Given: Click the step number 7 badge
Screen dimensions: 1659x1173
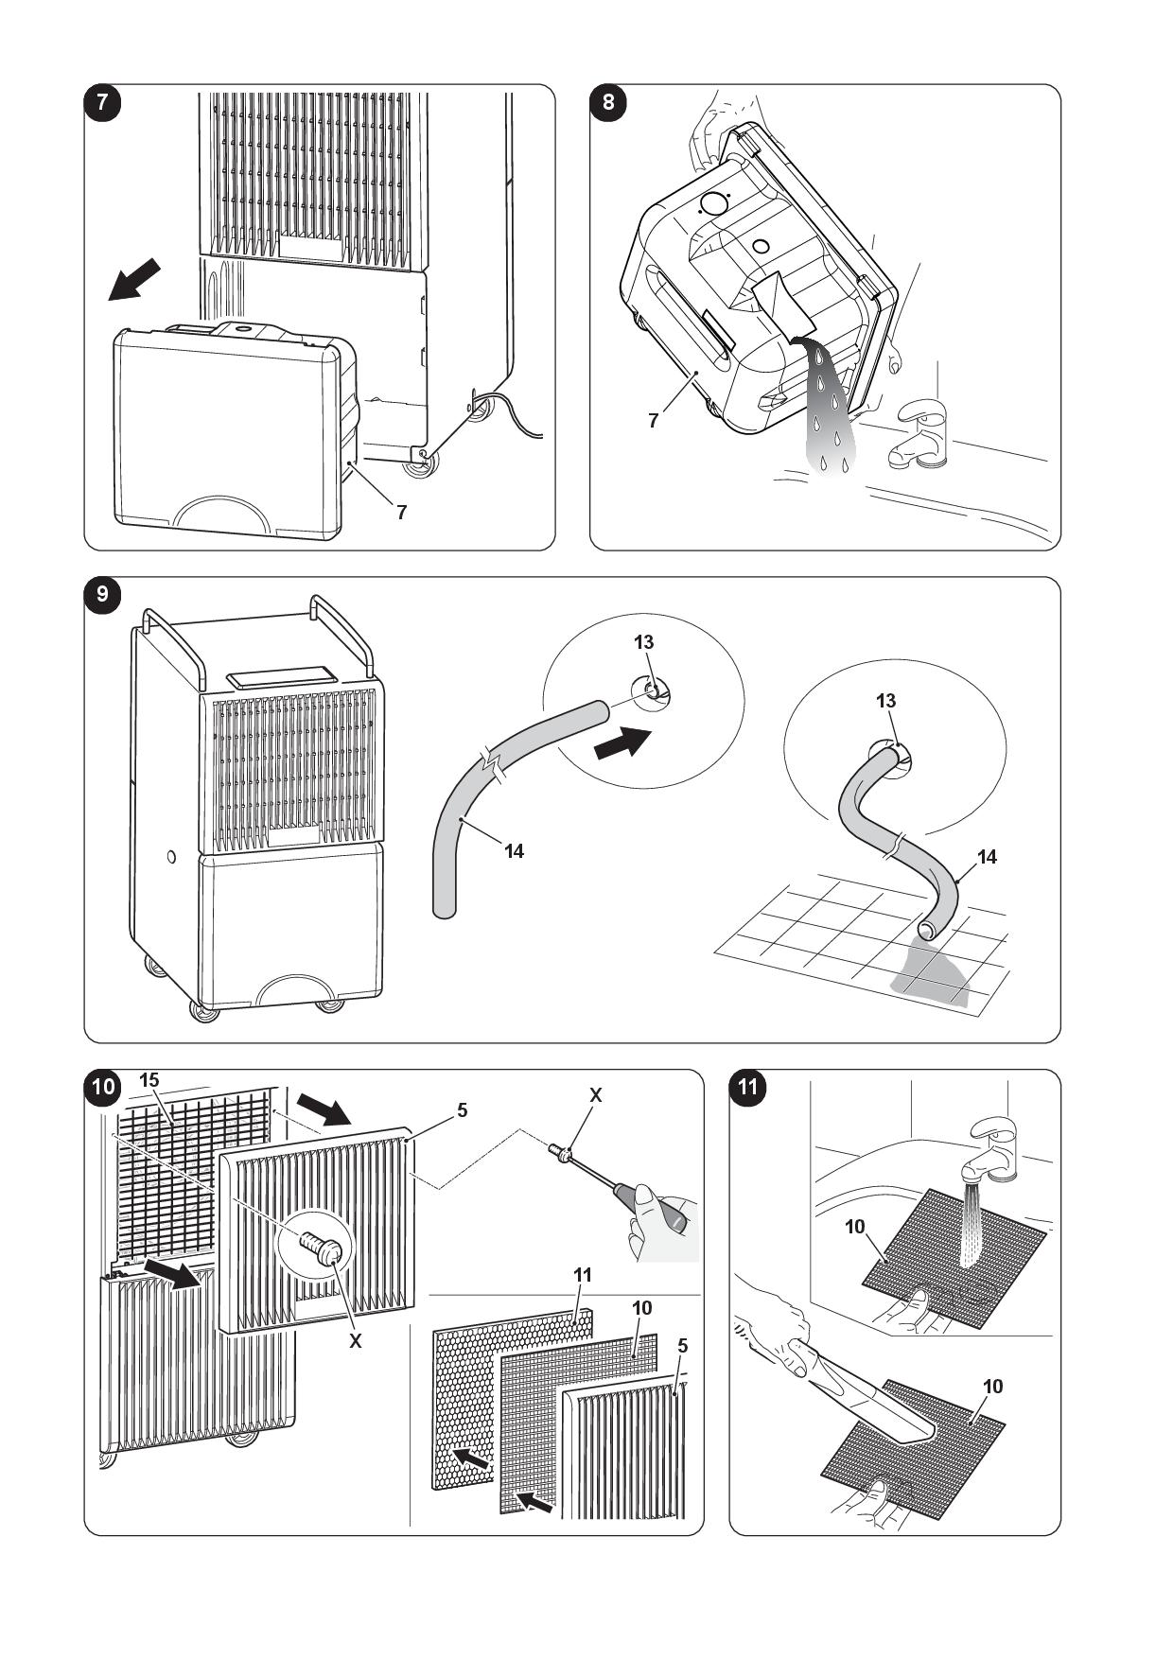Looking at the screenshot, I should (x=103, y=103).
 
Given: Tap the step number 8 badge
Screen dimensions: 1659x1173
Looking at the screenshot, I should (x=607, y=103).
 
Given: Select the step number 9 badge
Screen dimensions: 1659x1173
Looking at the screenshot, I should (x=103, y=595).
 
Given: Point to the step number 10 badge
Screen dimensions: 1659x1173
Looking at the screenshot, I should (x=103, y=1087).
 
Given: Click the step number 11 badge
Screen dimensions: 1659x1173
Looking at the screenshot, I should (x=748, y=1087).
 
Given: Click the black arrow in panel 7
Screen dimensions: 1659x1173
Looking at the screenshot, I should (x=133, y=281).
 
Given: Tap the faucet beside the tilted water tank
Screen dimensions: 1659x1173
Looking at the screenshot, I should (x=917, y=436).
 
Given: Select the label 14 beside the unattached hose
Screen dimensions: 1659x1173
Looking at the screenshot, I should (x=514, y=851).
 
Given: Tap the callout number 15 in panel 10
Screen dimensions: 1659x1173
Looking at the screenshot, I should (x=149, y=1080).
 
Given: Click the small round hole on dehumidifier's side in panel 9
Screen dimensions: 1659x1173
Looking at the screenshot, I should (x=170, y=857).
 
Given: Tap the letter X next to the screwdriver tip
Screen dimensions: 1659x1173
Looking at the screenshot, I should (x=595, y=1095).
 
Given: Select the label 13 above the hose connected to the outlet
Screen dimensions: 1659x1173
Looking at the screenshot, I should (x=885, y=701).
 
